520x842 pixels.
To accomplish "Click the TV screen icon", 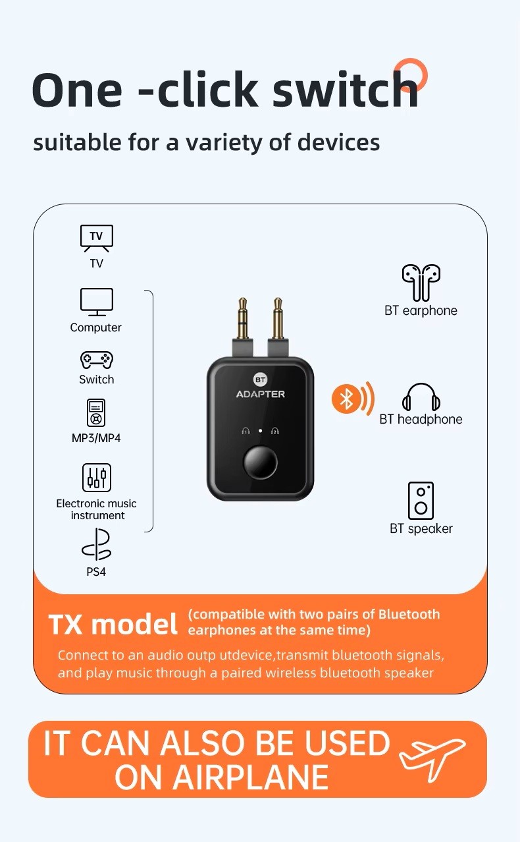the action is (x=97, y=239).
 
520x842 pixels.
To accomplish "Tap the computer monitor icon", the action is (x=97, y=302).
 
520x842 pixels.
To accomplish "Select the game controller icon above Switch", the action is (x=97, y=360).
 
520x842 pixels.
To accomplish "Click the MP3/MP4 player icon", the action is (x=96, y=412).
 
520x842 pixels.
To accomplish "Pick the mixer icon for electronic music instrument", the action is (x=97, y=478).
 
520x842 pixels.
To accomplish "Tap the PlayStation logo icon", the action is (x=97, y=545).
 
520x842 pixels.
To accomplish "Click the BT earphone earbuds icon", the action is (x=421, y=282).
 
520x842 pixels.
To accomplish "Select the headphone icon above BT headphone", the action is (x=421, y=397).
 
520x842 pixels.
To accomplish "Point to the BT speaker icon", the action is (x=421, y=501).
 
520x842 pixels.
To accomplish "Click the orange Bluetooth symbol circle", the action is (x=346, y=399).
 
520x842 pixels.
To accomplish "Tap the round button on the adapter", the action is (x=260, y=462).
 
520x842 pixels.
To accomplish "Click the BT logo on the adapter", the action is (x=260, y=379).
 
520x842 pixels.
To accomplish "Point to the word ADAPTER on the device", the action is (x=260, y=394).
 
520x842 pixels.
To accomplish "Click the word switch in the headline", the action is (x=346, y=90).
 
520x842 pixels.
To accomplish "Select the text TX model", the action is (x=113, y=625).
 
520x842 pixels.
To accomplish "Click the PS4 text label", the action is (x=96, y=572).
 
